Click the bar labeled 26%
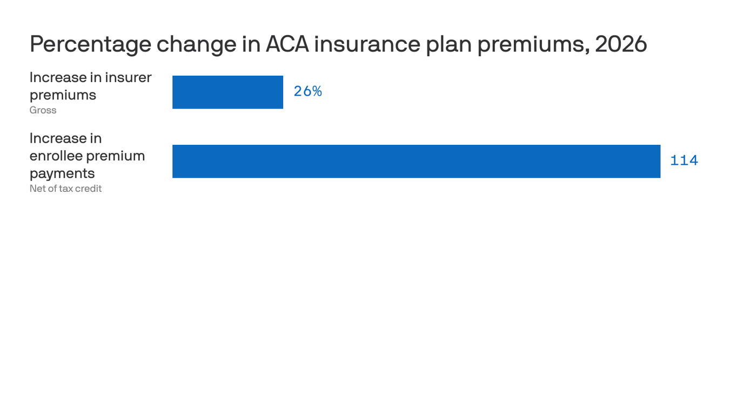[227, 92]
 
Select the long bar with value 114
[416, 161]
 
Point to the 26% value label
[308, 91]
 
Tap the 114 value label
[684, 160]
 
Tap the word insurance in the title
[367, 44]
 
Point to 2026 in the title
[621, 44]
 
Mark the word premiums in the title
[533, 44]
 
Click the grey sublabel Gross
[43, 110]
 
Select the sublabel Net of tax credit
[65, 189]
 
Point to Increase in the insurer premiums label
[58, 77]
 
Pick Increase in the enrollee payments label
[58, 138]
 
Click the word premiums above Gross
[63, 95]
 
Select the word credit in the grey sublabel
[89, 189]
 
